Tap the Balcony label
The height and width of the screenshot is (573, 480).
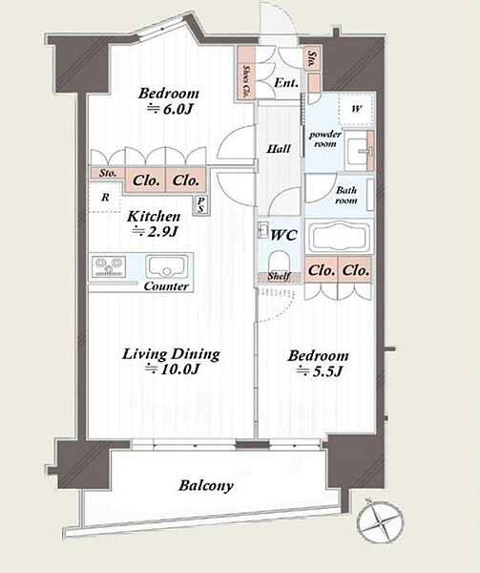point(206,486)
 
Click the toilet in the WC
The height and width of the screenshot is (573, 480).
point(279,262)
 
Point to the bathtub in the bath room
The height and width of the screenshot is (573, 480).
point(340,236)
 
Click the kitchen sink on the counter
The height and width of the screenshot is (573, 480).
point(167,266)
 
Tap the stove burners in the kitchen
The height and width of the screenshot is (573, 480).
point(108,266)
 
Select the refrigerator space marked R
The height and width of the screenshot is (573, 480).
point(105,198)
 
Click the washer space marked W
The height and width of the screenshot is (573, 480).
point(356,109)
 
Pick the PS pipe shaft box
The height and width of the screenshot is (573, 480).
point(201,205)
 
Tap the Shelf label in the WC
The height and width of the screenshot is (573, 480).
point(279,277)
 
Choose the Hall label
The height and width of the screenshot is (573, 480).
point(279,149)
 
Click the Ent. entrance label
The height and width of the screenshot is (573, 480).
point(286,83)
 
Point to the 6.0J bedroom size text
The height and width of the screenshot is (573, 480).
point(170,109)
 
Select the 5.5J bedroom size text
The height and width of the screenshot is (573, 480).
point(320,371)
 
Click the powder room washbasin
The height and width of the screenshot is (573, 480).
point(360,151)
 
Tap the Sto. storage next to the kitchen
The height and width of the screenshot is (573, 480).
point(107,173)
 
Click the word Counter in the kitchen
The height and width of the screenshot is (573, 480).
point(166,286)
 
